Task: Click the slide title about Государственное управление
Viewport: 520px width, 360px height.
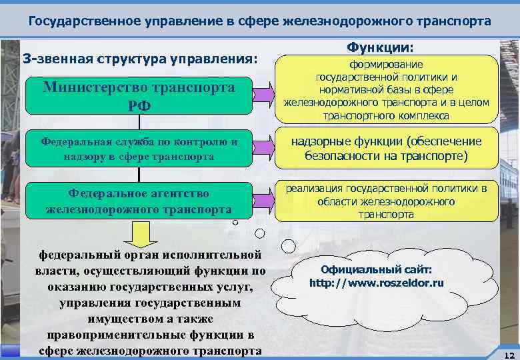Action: (x=259, y=21)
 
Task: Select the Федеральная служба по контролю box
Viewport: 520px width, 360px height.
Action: (x=139, y=149)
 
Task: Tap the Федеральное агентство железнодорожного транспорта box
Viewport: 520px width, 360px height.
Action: (x=139, y=201)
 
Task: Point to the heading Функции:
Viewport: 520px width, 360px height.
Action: (x=380, y=49)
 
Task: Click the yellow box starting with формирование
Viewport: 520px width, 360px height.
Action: (x=386, y=90)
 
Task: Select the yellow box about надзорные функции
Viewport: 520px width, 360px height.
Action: (x=387, y=149)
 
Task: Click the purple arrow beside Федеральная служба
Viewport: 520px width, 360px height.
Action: (x=261, y=148)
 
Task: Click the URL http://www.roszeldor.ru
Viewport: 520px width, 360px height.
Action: (x=377, y=283)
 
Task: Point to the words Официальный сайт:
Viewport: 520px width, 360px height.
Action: (x=377, y=270)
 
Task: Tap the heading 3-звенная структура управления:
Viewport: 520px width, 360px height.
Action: (x=140, y=59)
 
